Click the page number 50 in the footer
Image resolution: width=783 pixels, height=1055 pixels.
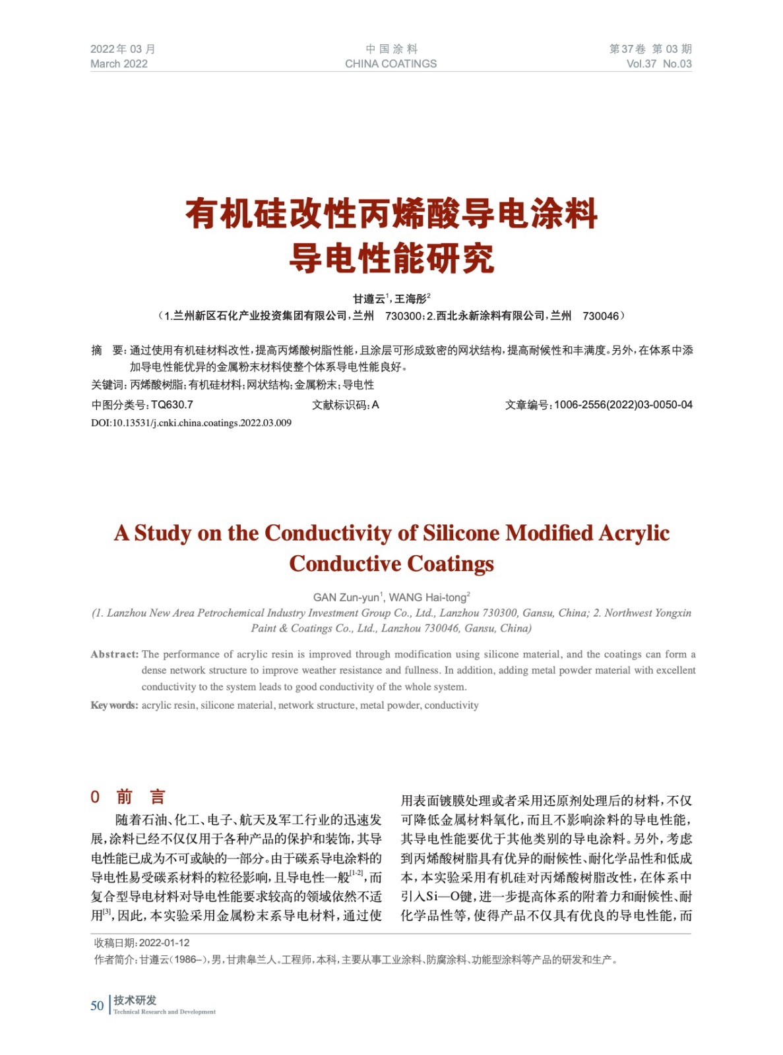pos(97,1005)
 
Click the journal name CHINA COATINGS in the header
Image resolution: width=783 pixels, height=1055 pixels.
pos(391,64)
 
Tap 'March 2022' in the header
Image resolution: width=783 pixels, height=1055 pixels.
pos(119,64)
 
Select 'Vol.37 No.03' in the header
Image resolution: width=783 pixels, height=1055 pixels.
pos(658,64)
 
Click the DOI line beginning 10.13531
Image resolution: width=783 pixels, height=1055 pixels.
pos(191,423)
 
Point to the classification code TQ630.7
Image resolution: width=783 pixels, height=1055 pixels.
pos(172,405)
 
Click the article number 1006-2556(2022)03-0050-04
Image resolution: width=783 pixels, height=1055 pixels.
pos(623,405)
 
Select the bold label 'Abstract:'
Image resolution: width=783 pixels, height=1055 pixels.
pos(115,654)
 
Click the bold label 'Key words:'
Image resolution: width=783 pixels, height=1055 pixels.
pos(114,705)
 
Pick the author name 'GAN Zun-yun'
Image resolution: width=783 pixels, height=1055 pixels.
pos(346,597)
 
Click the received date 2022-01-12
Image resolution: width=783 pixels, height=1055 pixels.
pos(164,943)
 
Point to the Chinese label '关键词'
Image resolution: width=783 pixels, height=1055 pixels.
pos(107,385)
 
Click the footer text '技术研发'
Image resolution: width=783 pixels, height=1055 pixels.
pos(135,1000)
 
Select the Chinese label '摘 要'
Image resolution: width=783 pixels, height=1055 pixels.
pos(108,350)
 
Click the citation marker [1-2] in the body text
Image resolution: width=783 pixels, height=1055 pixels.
pos(356,873)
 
